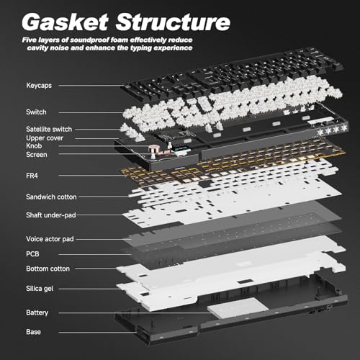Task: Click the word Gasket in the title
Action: (x=65, y=22)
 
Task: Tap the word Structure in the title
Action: (x=173, y=22)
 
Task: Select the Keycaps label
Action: (x=39, y=86)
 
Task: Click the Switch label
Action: (x=36, y=112)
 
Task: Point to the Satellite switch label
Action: (x=49, y=129)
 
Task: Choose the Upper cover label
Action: (x=45, y=138)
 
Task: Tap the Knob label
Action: (x=34, y=146)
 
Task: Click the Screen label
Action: (x=37, y=155)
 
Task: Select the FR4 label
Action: (x=32, y=176)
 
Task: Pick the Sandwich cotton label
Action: (x=51, y=197)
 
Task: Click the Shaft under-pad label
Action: (x=51, y=215)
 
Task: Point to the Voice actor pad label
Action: (x=50, y=239)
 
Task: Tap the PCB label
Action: (x=32, y=254)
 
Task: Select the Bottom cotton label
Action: (x=48, y=269)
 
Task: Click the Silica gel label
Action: (x=40, y=289)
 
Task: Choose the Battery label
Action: (x=37, y=312)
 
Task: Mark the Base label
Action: (x=33, y=332)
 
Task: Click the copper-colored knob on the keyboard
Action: (x=153, y=149)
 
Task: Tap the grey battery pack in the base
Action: (x=238, y=308)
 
